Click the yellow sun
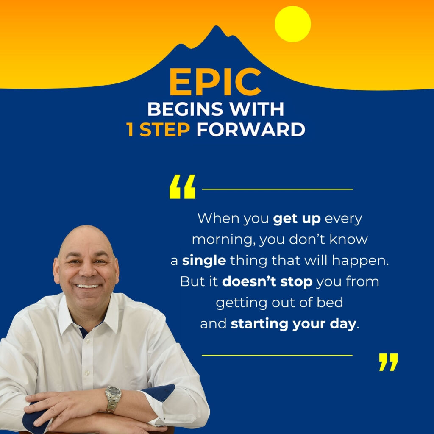tap(292, 24)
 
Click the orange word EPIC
tap(215, 82)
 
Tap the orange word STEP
tap(165, 129)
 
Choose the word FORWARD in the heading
tap(251, 129)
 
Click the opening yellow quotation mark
tap(182, 186)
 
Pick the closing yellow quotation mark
tap(388, 362)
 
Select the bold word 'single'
tap(204, 261)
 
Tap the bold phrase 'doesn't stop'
tap(267, 282)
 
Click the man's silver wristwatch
tap(113, 399)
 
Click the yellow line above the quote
tap(277, 189)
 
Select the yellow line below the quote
tap(277, 355)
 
